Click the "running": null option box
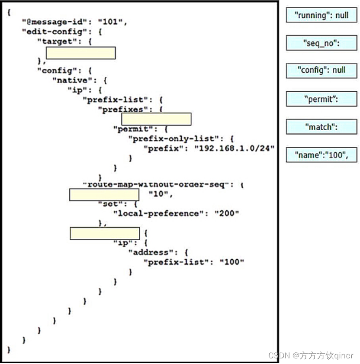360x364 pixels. [321, 15]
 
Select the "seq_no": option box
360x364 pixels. [321, 43]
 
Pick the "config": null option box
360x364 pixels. [321, 71]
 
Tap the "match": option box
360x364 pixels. [321, 127]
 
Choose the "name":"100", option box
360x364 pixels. [321, 155]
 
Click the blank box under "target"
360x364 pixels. [80, 53]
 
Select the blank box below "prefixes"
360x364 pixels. [156, 119]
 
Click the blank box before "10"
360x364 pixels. [104, 195]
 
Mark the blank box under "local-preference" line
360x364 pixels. [105, 233]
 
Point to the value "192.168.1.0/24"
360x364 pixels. [234, 148]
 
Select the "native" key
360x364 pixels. [71, 81]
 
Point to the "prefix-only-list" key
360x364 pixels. [175, 139]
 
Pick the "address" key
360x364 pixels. [148, 252]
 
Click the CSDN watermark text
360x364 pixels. [311, 355]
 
